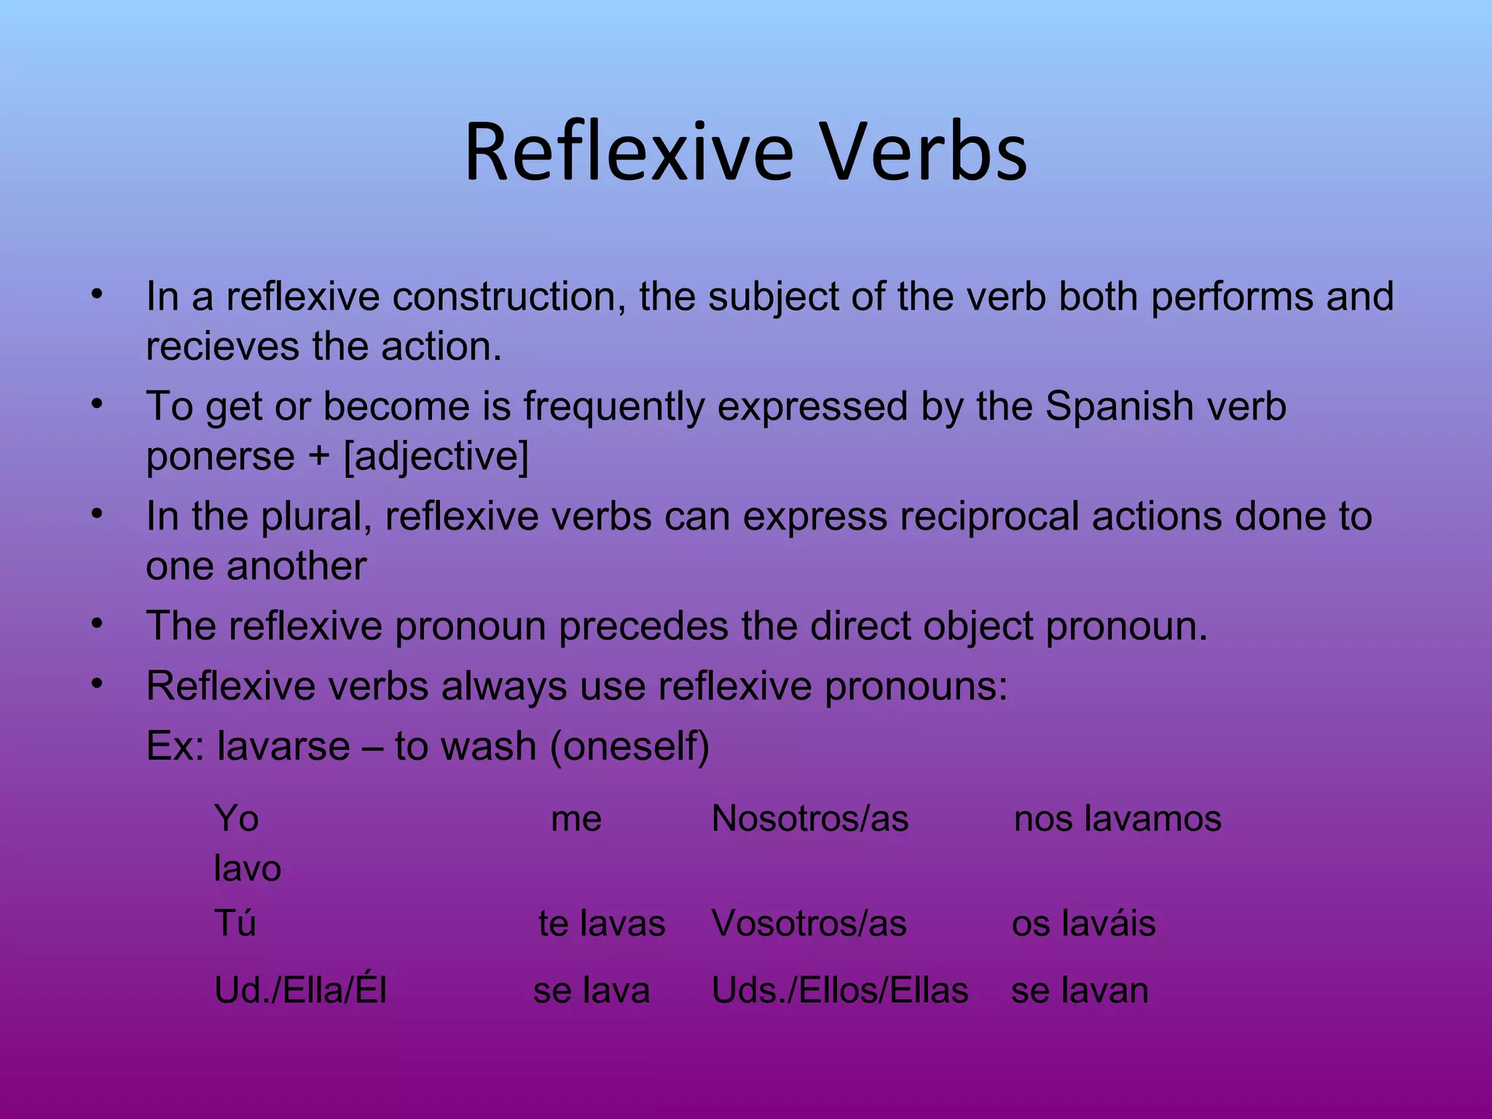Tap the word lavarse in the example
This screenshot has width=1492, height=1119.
283,746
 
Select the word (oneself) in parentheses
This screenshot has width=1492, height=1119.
629,746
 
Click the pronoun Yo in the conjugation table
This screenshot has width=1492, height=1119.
236,818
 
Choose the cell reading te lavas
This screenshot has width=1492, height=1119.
602,924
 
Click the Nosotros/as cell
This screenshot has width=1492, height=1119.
809,818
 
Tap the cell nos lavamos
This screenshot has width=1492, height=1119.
1118,818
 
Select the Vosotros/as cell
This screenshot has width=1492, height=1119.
809,924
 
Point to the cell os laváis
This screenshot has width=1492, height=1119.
1083,924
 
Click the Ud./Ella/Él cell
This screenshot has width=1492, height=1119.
300,991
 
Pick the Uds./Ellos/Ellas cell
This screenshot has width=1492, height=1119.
840,991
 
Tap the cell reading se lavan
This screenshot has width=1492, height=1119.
1080,991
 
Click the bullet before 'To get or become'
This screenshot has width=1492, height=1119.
97,404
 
